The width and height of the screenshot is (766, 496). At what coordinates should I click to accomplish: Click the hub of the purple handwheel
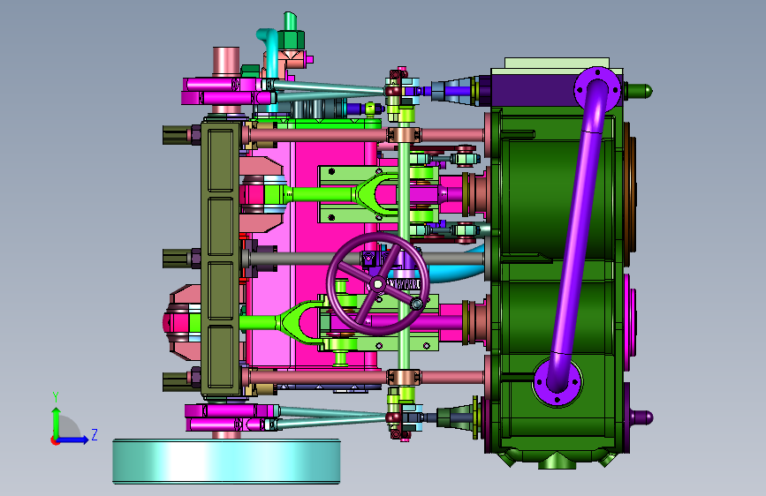point(377,283)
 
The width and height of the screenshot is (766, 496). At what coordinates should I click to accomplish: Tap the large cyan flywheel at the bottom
point(226,462)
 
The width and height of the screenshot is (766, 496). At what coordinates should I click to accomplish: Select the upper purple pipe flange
point(597,89)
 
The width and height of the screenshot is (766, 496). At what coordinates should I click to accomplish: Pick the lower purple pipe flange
point(557,382)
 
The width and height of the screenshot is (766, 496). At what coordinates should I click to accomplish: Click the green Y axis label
point(56,397)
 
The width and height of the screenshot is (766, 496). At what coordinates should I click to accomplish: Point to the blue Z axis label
point(95,434)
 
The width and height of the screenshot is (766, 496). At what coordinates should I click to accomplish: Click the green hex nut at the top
point(292,39)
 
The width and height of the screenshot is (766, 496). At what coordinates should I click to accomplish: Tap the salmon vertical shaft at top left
point(226,62)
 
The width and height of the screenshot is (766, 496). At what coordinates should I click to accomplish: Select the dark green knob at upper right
point(639,91)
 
